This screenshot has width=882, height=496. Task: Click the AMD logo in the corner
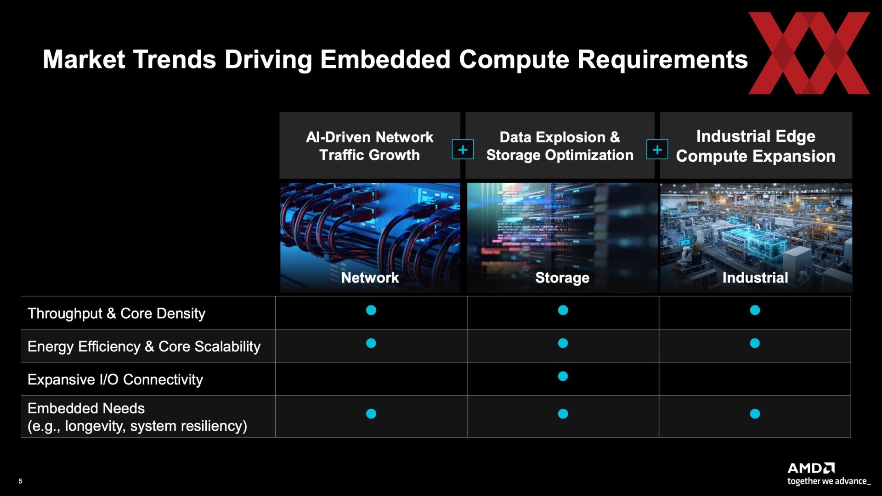pyautogui.click(x=811, y=468)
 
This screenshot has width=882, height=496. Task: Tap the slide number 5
pyautogui.click(x=20, y=481)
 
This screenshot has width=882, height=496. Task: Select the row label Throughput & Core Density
pyautogui.click(x=116, y=313)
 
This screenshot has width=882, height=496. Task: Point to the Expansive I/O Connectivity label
pyautogui.click(x=115, y=379)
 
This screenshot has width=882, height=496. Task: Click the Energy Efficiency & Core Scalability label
pyautogui.click(x=144, y=346)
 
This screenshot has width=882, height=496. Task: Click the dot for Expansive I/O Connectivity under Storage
pyautogui.click(x=563, y=376)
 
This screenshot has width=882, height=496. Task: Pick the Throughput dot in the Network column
pyautogui.click(x=371, y=310)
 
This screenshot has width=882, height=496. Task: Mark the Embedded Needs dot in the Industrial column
pyautogui.click(x=755, y=414)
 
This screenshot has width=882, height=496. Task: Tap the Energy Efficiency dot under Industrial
pyautogui.click(x=755, y=343)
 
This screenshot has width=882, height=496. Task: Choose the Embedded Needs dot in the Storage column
pyautogui.click(x=563, y=414)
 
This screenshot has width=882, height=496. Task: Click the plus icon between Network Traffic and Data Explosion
pyautogui.click(x=463, y=150)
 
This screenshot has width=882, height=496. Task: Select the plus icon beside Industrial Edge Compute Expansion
pyautogui.click(x=657, y=150)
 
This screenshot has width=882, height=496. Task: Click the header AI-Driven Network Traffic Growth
pyautogui.click(x=369, y=146)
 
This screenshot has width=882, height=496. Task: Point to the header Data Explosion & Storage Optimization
pyautogui.click(x=560, y=146)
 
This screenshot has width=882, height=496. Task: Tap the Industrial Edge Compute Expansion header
pyautogui.click(x=756, y=146)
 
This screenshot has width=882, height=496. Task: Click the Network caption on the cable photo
pyautogui.click(x=370, y=277)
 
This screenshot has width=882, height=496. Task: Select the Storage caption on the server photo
pyautogui.click(x=562, y=278)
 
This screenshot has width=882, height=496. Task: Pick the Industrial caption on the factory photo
pyautogui.click(x=755, y=277)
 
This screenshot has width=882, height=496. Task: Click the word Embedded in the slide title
pyautogui.click(x=385, y=59)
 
